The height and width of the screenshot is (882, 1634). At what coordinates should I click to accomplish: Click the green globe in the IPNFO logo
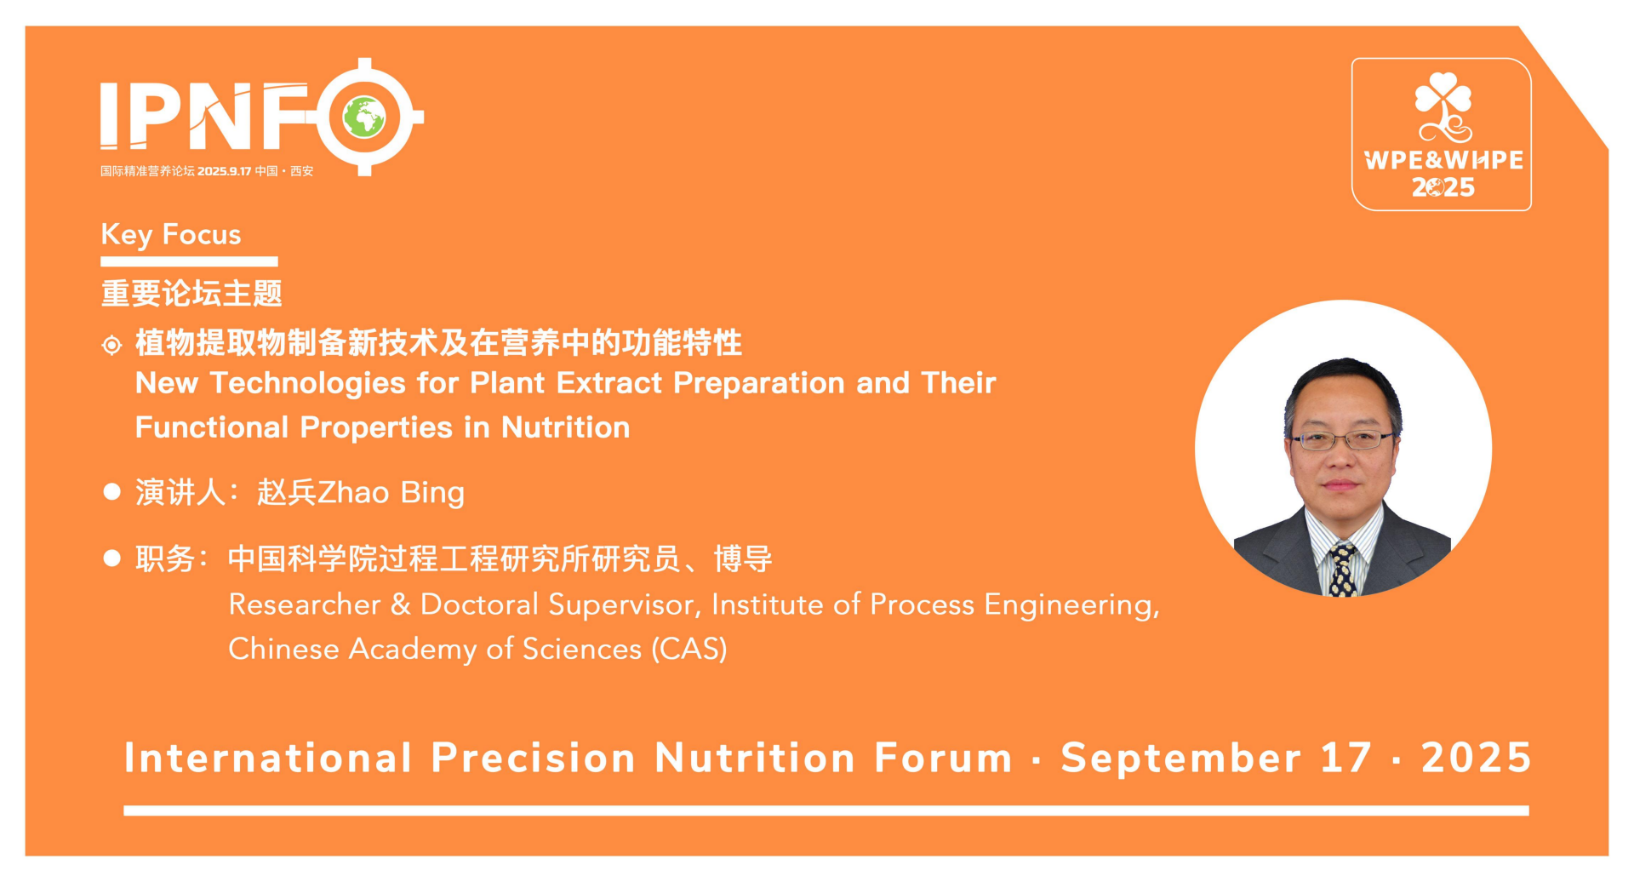[x=364, y=117]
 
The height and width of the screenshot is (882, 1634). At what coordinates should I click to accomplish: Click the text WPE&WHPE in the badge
[x=1443, y=160]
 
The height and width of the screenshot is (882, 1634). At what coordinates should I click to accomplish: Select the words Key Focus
[x=171, y=234]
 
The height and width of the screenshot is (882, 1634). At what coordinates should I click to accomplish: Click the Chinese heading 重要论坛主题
[x=191, y=293]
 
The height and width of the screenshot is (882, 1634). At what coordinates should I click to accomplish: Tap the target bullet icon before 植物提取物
[x=111, y=345]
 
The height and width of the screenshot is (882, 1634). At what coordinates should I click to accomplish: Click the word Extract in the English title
[x=608, y=383]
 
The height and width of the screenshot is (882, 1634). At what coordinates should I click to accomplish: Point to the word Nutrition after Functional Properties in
[x=565, y=427]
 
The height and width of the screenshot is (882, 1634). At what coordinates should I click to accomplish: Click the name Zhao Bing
[x=391, y=493]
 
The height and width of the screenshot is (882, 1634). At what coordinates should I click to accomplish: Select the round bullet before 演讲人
[x=111, y=492]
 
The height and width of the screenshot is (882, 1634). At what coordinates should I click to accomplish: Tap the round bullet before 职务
[x=111, y=558]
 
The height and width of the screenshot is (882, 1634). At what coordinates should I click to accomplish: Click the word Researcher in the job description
[x=305, y=604]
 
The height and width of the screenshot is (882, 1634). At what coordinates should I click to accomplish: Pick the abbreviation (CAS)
[x=689, y=650]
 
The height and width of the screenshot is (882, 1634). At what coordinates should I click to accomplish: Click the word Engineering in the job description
[x=1071, y=605]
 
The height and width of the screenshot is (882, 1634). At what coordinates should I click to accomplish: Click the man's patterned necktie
[x=1343, y=570]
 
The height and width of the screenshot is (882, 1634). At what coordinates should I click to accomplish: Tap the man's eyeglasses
[x=1342, y=440]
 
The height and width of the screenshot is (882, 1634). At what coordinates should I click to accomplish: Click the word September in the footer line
[x=1181, y=759]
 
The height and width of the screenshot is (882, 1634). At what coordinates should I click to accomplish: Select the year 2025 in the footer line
[x=1477, y=758]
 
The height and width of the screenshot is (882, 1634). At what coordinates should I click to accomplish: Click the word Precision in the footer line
[x=534, y=758]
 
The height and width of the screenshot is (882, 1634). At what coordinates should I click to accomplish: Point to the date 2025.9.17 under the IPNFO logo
[x=225, y=171]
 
